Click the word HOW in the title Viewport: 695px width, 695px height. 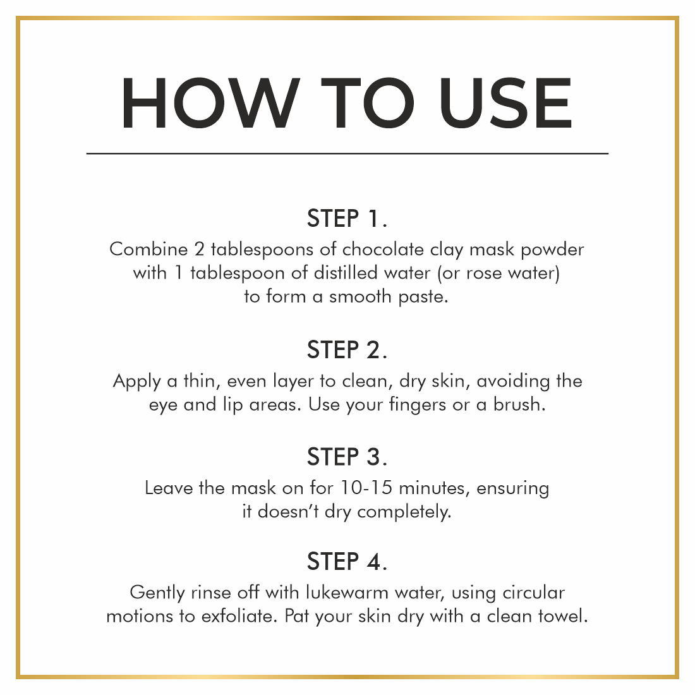tap(210, 103)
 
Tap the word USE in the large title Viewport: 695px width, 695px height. tap(505, 103)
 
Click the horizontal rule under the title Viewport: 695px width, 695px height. tap(347, 154)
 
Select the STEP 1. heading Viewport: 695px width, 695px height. tap(347, 218)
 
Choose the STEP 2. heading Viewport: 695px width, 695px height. tap(347, 350)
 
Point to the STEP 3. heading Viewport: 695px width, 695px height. tap(347, 457)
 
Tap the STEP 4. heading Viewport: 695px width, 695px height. tap(347, 562)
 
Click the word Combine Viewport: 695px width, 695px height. tap(148, 249)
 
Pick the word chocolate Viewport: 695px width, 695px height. tap(383, 250)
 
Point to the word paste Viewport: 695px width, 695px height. tap(423, 298)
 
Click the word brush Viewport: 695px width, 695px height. tap(519, 404)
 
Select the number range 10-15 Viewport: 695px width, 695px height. tap(366, 488)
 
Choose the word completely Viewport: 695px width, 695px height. tap(404, 512)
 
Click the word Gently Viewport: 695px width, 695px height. tap(157, 593)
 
